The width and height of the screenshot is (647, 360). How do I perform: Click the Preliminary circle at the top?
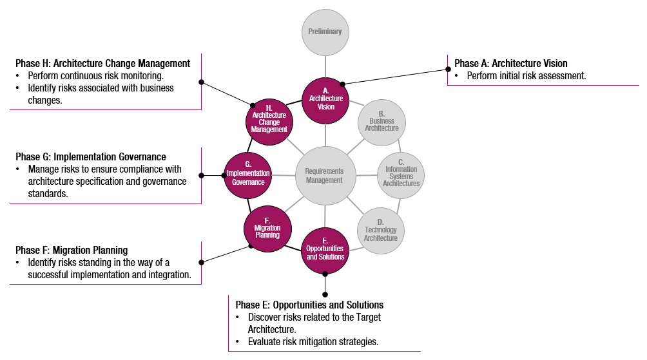325,32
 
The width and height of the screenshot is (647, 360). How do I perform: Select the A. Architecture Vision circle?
325,102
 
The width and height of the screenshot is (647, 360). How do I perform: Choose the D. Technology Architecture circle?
381,230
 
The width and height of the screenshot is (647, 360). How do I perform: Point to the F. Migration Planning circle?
267,231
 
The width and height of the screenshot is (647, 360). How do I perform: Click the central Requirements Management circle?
325,176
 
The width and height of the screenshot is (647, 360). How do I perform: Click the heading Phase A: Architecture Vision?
510,63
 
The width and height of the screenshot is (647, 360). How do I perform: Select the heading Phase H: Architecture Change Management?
102,63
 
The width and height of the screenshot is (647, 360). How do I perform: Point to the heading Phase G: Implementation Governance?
91,156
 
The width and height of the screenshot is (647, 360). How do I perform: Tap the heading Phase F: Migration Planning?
72,250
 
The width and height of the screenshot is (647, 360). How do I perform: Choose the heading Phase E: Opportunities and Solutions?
309,305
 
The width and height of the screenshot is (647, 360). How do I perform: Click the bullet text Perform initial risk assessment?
526,75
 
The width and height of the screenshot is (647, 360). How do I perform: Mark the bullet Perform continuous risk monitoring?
95,75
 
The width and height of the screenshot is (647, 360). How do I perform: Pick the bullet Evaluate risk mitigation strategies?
313,341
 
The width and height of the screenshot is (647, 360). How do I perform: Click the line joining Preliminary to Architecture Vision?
325,66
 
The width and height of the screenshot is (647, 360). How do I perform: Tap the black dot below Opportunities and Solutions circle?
325,274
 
